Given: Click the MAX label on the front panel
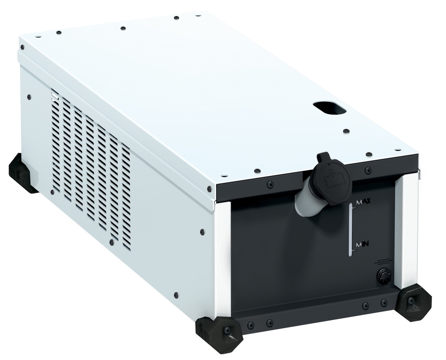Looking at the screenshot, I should pos(363,203).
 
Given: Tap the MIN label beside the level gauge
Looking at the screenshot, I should pos(362,245).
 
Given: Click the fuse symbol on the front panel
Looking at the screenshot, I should pos(384,261).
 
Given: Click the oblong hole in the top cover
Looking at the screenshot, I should pos(329,108).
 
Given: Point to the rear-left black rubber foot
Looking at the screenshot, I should pos(22,173).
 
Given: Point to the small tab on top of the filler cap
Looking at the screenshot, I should pos(323,156).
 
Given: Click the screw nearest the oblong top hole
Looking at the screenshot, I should pos(346,131).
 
